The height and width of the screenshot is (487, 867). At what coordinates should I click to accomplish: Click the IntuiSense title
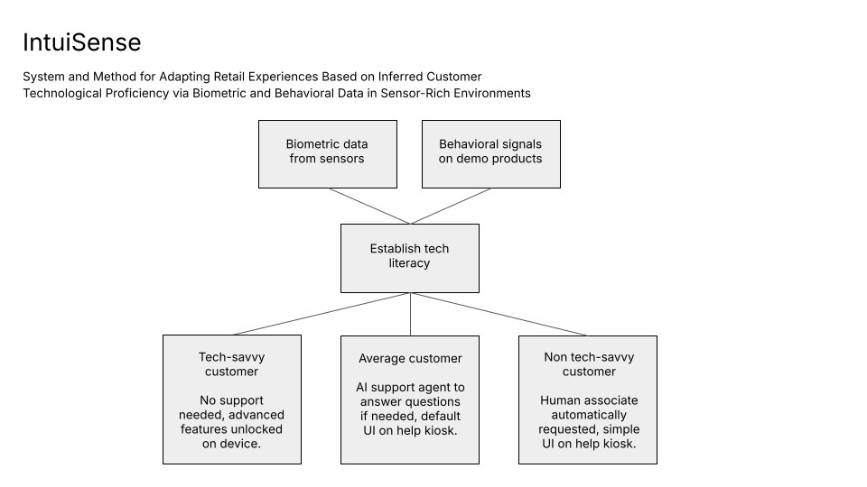tap(81, 42)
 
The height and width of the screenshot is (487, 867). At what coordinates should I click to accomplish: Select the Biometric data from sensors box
tap(327, 153)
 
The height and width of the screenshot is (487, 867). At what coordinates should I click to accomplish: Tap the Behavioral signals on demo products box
tap(490, 153)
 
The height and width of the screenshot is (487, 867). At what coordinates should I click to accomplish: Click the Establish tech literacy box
tap(409, 257)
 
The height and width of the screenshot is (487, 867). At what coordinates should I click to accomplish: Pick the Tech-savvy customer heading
tap(231, 364)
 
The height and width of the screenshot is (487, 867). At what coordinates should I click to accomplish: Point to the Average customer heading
tap(410, 359)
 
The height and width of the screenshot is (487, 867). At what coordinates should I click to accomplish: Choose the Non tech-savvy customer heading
tap(588, 364)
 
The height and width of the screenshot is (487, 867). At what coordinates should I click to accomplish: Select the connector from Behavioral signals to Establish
tap(451, 206)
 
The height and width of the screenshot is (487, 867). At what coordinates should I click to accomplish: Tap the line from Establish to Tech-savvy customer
tap(321, 314)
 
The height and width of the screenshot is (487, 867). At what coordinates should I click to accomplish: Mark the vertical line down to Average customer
tap(410, 314)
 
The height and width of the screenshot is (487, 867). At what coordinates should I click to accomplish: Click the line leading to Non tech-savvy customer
tap(499, 314)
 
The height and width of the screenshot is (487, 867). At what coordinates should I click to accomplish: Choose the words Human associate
tap(587, 400)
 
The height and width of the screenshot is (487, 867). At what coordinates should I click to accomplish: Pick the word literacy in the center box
tap(409, 263)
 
